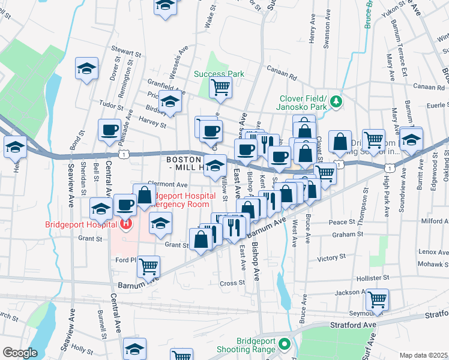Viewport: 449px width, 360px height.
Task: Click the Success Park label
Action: click(x=219, y=74)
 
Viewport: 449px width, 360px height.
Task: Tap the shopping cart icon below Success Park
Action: click(x=220, y=88)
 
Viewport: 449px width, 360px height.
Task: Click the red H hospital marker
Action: click(x=127, y=225)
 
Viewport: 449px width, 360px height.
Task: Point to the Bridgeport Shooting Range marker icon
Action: click(x=285, y=345)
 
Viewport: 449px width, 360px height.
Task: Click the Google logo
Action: click(x=20, y=353)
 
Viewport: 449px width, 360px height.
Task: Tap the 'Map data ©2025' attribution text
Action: click(x=423, y=355)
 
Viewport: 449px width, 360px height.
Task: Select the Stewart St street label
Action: click(x=125, y=52)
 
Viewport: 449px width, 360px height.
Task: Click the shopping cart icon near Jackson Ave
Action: click(x=377, y=298)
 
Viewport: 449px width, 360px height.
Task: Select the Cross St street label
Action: click(x=233, y=283)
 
